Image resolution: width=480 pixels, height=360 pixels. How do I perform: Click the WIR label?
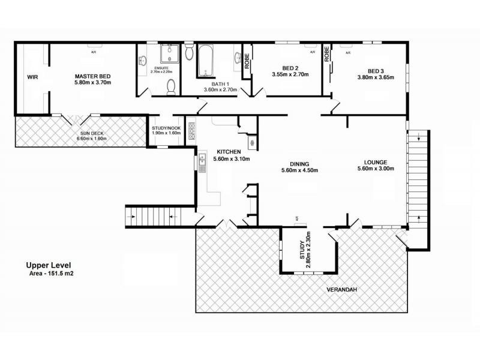32,77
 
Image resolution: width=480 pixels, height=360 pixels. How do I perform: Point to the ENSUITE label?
162,68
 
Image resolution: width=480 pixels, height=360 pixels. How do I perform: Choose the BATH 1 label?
220,84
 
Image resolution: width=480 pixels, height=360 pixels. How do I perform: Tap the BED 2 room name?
290,68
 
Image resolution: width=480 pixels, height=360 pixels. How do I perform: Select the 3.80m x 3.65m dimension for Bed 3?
375,77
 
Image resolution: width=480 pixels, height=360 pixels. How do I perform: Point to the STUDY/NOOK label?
166,127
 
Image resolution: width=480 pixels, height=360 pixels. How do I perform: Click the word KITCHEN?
229,152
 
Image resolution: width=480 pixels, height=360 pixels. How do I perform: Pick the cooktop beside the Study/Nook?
191,131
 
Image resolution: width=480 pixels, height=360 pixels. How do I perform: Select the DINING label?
299,163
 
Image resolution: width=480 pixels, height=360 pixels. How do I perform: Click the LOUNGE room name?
375,162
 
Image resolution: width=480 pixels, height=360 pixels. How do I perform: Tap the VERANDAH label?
342,290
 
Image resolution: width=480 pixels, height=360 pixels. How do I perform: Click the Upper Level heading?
52,265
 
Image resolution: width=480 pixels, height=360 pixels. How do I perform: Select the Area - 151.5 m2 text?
53,273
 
